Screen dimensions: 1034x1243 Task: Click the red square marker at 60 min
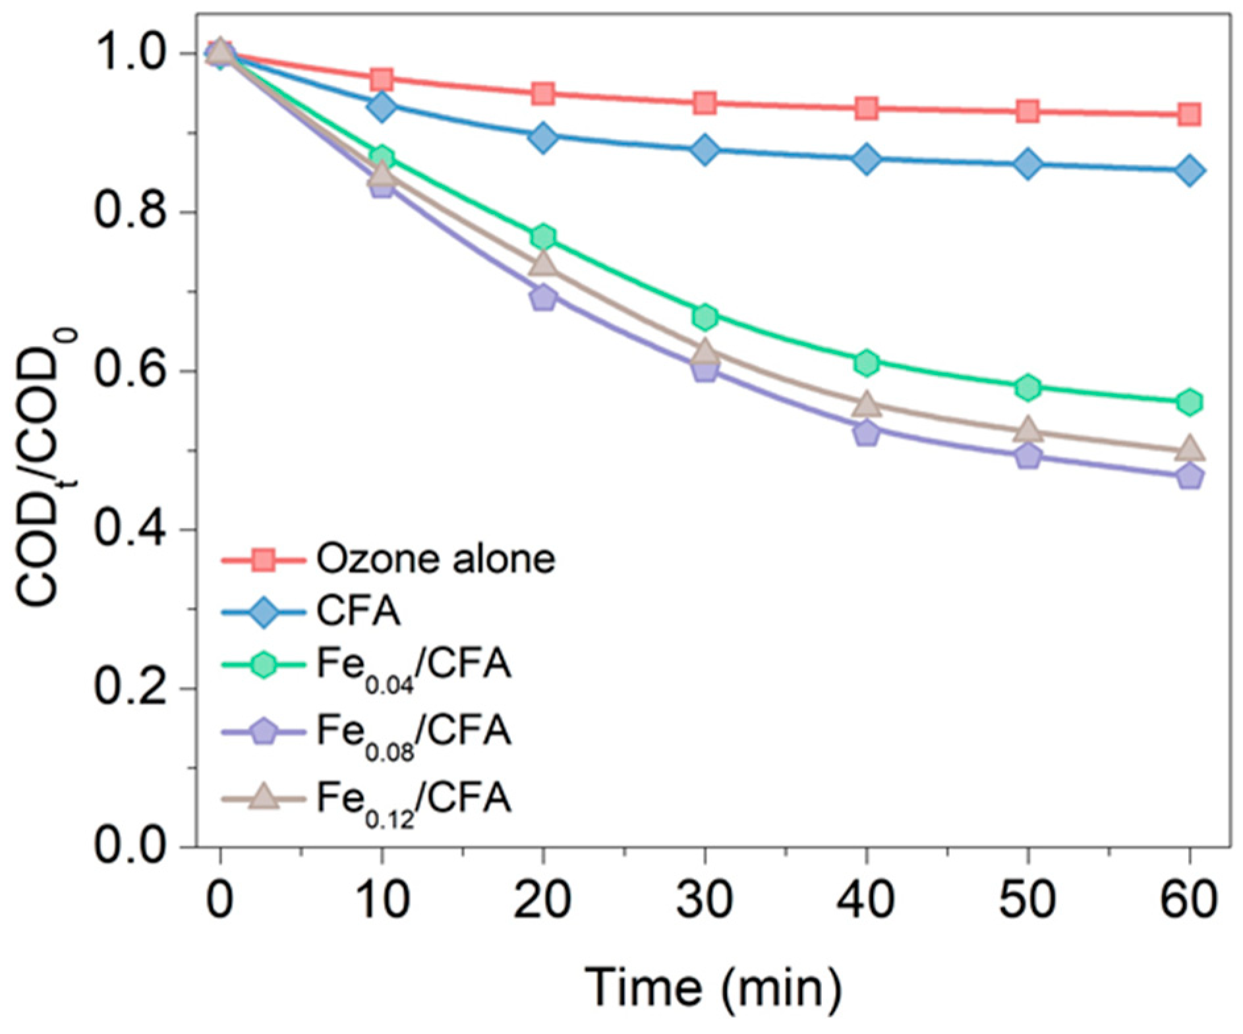coord(1189,115)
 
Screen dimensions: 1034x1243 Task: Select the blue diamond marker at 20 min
coord(543,138)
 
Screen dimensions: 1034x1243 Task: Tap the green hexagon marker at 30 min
coord(705,317)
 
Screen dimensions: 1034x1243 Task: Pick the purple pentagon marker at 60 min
coord(1189,476)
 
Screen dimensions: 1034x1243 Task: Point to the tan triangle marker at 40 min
coord(867,405)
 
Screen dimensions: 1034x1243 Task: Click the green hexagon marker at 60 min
coord(1189,402)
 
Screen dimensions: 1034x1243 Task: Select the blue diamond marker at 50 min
coord(1027,164)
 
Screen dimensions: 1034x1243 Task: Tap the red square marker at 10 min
coord(382,80)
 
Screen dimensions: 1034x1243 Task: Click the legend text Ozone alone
coord(436,559)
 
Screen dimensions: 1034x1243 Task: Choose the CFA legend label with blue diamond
coord(359,612)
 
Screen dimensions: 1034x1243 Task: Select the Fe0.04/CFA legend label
coord(413,666)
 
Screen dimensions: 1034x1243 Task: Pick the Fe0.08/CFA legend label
coord(413,733)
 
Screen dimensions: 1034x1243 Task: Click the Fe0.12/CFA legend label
coord(413,800)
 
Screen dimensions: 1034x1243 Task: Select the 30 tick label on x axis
coord(705,900)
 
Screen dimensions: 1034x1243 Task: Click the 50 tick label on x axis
coord(1027,900)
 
